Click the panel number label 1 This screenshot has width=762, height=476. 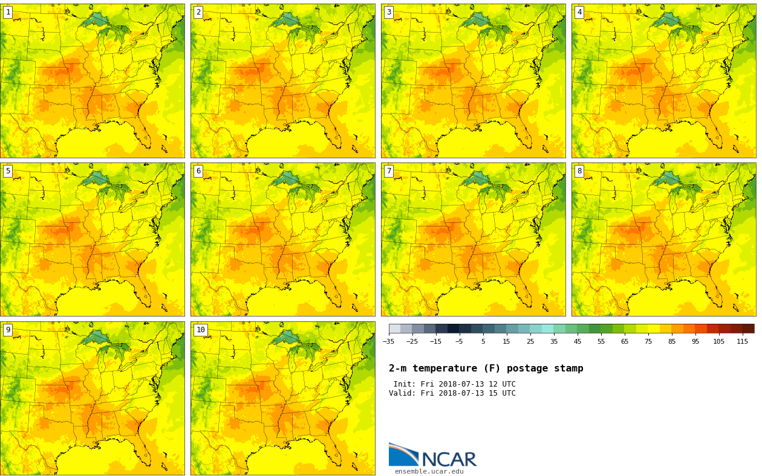(8, 12)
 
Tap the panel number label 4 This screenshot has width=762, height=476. (579, 12)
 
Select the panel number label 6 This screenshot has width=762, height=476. (198, 171)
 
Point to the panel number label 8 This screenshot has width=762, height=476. (579, 171)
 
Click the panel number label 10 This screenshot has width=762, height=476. (200, 330)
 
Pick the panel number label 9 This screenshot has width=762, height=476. (8, 330)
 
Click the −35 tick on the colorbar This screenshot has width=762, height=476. (388, 341)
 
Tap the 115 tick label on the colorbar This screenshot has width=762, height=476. (742, 341)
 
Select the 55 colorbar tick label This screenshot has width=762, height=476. (601, 341)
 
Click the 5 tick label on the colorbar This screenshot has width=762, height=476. (483, 341)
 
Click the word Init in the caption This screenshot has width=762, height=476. (403, 384)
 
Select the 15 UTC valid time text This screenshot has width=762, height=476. (500, 393)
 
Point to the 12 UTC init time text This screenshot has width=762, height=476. (500, 384)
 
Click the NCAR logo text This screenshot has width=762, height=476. (449, 460)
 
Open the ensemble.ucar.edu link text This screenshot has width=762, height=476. (429, 472)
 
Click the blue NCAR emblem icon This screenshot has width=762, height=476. (403, 454)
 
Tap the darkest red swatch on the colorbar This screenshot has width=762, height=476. (748, 329)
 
